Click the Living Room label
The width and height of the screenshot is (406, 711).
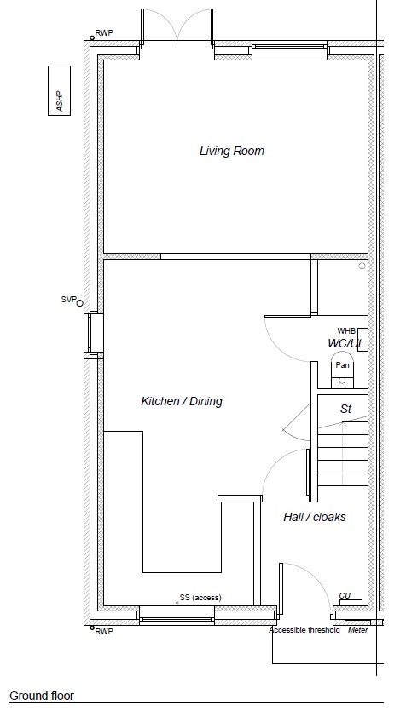232,151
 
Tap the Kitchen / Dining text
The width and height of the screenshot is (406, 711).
182,401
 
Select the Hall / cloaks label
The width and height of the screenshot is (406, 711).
314,517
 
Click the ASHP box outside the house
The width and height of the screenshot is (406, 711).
60,91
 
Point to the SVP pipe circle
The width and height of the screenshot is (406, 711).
80,303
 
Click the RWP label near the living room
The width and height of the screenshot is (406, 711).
104,33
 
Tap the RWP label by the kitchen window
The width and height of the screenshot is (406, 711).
104,632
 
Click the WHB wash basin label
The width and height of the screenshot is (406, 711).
346,331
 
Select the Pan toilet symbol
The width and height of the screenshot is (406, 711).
342,370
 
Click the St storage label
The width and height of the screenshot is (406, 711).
346,409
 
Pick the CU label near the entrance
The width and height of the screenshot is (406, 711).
345,595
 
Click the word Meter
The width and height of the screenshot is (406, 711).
358,630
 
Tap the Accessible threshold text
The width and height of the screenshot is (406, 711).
304,630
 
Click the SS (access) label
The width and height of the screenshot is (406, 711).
200,598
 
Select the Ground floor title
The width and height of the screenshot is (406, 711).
41,696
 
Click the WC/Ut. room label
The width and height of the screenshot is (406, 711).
346,343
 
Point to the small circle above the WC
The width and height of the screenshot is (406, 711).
362,267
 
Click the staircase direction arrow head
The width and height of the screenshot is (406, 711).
344,424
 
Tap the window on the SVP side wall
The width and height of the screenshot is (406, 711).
94,333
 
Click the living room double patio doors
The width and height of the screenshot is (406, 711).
177,27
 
